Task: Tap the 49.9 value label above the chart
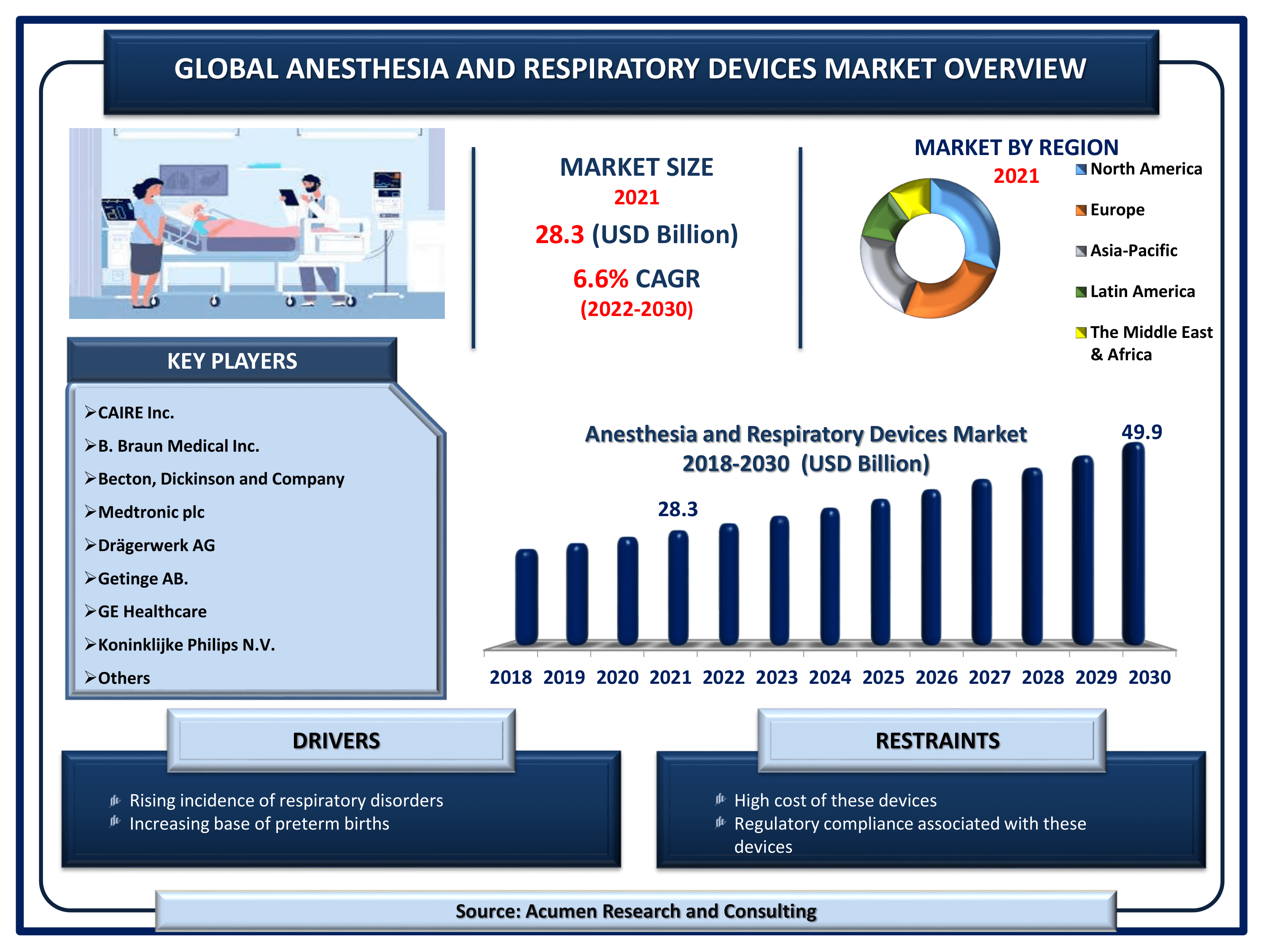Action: [x=1141, y=432]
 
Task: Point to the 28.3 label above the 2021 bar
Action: [x=678, y=509]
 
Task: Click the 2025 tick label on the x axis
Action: [x=883, y=677]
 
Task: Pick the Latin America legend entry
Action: [x=1135, y=292]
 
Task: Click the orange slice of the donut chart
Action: [x=952, y=292]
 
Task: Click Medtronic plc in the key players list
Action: [x=151, y=512]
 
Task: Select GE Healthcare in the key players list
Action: [x=152, y=611]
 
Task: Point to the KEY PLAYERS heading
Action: [x=232, y=361]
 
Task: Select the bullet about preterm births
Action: [x=259, y=824]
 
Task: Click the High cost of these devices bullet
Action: [x=835, y=801]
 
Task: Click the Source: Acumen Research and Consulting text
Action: [x=636, y=911]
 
